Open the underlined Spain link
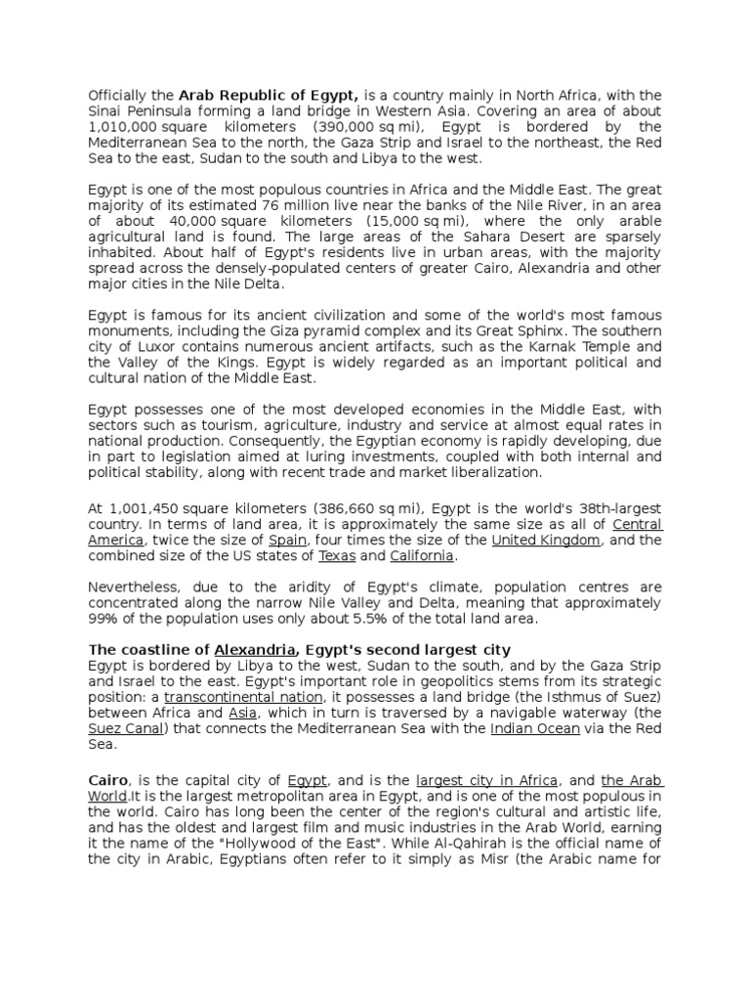(x=288, y=541)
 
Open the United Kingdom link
(x=546, y=541)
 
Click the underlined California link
(x=422, y=556)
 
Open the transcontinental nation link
(x=244, y=697)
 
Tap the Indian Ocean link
(x=535, y=728)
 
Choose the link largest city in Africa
(x=487, y=781)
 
